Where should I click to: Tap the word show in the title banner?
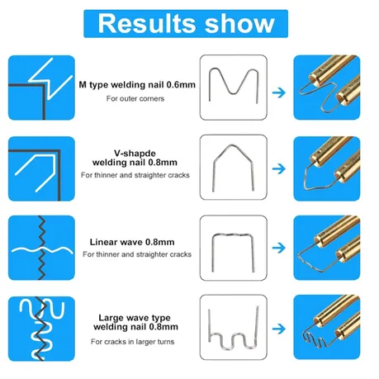[239, 23]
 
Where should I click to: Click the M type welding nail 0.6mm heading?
[137, 85]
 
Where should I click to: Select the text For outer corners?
[135, 98]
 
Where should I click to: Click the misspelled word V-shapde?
[135, 153]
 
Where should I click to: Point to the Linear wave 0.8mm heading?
[132, 242]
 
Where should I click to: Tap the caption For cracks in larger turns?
[133, 342]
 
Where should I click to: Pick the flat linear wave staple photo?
[213, 253]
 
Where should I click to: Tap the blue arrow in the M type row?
[279, 92]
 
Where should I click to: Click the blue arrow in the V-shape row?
[279, 168]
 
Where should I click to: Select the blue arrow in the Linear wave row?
[279, 248]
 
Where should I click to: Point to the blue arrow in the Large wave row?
[279, 329]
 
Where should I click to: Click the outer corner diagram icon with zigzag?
[41, 88]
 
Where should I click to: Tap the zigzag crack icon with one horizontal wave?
[41, 248]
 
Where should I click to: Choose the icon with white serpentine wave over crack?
[41, 329]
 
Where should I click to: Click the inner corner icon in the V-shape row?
[41, 168]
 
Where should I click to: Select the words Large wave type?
[135, 318]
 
